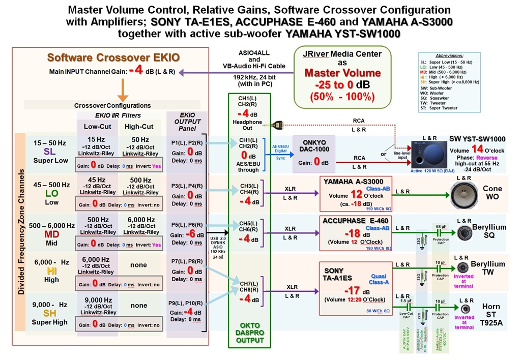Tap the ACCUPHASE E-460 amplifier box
pos(356,233)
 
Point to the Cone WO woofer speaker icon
pos(464,195)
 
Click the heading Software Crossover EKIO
pos(113,57)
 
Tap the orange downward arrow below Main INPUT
pos(123,91)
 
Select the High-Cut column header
pos(139,126)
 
